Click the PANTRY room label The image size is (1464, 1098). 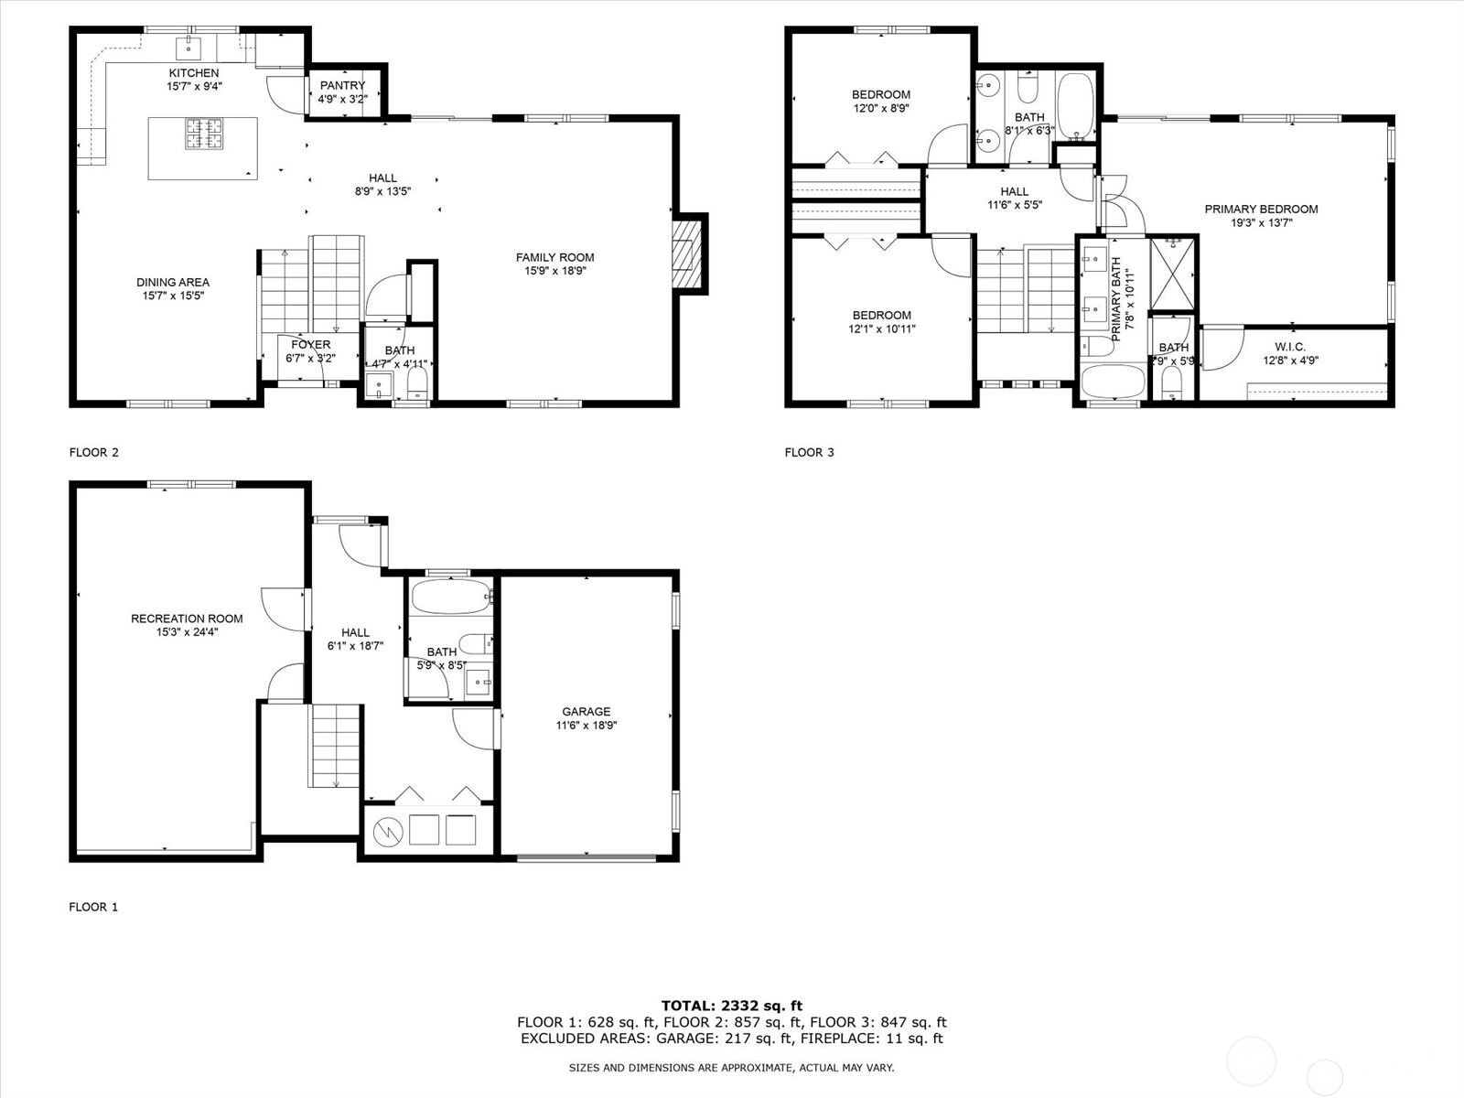tap(342, 85)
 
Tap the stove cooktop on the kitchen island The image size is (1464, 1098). tap(204, 133)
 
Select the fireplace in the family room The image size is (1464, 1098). tap(687, 254)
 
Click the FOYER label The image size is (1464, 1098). tap(311, 345)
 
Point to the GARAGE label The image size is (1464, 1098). tap(586, 711)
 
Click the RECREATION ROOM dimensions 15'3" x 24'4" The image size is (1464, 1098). tap(187, 632)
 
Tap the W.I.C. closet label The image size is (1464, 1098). tap(1289, 347)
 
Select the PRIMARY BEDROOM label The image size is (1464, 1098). tap(1261, 210)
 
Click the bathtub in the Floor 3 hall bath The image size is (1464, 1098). tap(1075, 105)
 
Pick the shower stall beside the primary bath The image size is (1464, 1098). tap(1173, 274)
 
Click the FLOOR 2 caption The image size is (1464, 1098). tap(94, 453)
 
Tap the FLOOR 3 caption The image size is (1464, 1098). tap(809, 453)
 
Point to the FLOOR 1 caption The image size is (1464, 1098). tap(93, 907)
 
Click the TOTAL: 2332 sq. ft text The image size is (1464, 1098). tap(732, 1006)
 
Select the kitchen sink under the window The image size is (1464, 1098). tap(188, 48)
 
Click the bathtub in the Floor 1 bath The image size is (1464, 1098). tap(451, 597)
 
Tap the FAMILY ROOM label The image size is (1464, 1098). tap(554, 257)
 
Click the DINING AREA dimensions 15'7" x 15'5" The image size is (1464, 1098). tap(173, 296)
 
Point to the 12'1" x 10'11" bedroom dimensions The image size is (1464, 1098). tap(882, 328)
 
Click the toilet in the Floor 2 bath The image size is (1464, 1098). tap(417, 384)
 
